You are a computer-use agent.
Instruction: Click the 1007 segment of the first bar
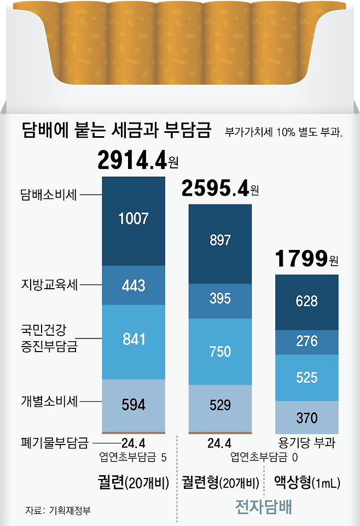click(x=133, y=220)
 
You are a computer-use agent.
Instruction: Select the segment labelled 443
click(x=133, y=285)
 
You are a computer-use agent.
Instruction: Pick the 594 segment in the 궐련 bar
click(x=133, y=405)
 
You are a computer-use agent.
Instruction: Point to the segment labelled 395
click(x=220, y=299)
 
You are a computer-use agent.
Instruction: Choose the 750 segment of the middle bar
click(x=220, y=351)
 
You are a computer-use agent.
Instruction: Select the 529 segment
click(x=220, y=406)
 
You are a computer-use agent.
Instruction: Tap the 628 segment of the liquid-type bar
click(x=306, y=301)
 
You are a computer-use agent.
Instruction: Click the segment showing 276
click(x=306, y=342)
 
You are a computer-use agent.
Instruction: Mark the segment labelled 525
click(x=306, y=377)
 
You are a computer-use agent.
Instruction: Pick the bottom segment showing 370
click(x=306, y=418)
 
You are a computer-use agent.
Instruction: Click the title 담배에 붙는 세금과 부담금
click(x=116, y=131)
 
